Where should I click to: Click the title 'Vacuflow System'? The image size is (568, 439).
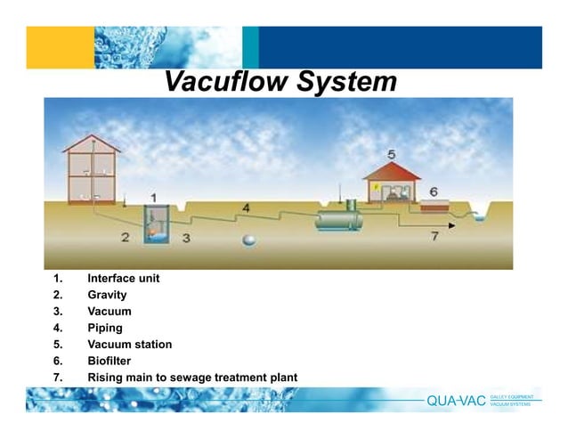tap(280, 82)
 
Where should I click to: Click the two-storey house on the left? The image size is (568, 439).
tap(92, 170)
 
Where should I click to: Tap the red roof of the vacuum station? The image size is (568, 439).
tap(392, 170)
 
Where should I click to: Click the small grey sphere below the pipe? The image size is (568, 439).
tap(251, 238)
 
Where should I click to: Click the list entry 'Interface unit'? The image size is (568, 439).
tap(123, 278)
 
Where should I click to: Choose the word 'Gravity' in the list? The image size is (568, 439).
tap(107, 295)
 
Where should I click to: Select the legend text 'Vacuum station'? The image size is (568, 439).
tap(129, 345)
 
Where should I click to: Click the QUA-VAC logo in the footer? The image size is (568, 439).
tap(456, 400)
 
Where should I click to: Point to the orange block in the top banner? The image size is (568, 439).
tap(60, 47)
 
